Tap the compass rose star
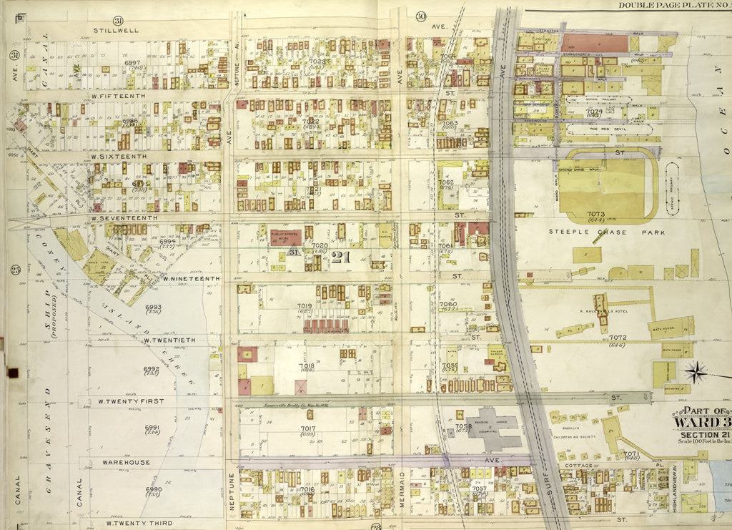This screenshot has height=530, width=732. click(696, 372)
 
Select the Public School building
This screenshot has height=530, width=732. click(285, 237)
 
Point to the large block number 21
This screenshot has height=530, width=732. click(340, 258)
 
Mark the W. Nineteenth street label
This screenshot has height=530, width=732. click(190, 278)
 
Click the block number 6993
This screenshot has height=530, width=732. click(153, 308)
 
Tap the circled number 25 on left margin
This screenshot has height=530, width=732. click(14, 269)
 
